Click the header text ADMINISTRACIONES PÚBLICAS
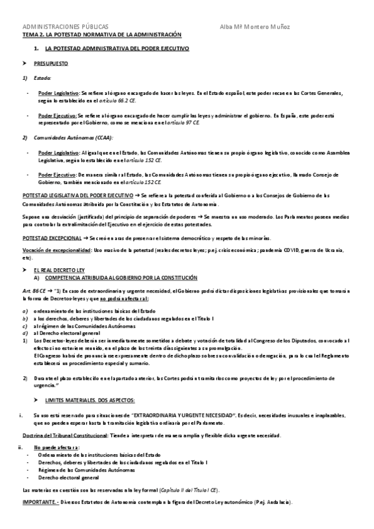[x=65, y=27]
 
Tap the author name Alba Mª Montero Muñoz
[x=255, y=27]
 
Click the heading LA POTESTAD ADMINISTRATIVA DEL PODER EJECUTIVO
[x=118, y=48]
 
